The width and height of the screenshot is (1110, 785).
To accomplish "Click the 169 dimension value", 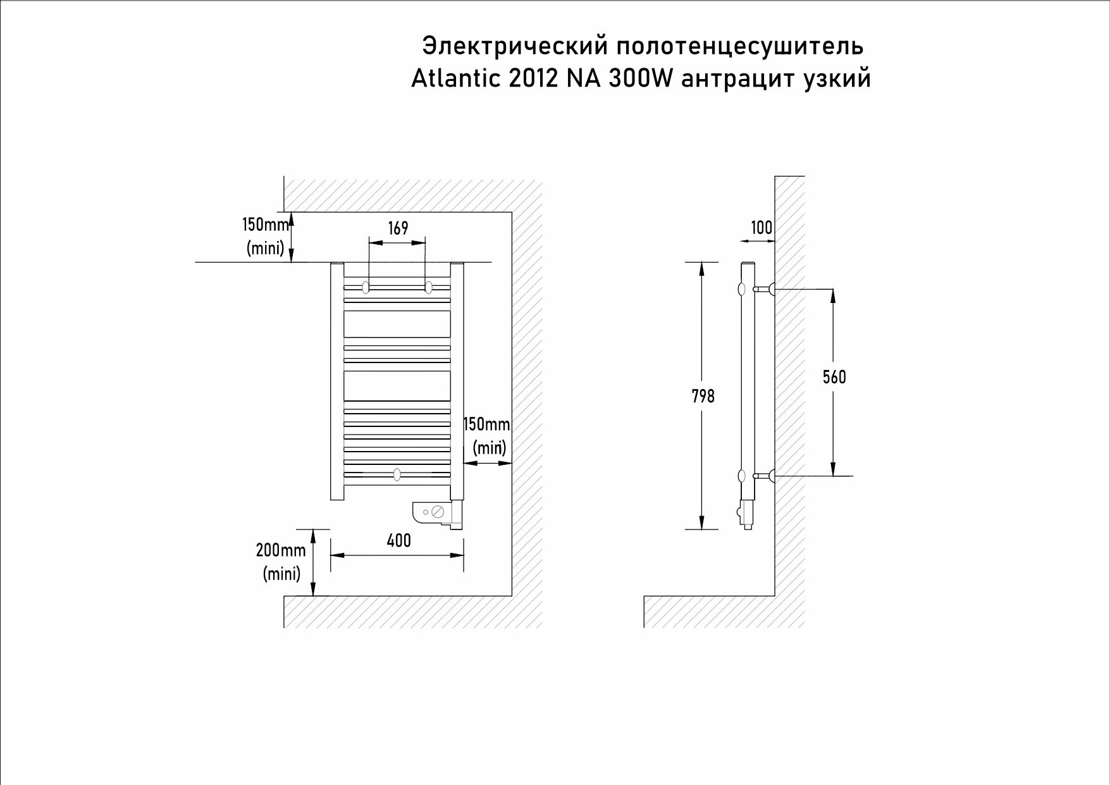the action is point(398,228).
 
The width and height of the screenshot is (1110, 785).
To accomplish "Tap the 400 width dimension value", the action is point(398,541).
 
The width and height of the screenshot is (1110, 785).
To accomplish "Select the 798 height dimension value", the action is point(703,396).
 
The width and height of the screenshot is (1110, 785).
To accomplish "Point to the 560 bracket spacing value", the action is point(834,377).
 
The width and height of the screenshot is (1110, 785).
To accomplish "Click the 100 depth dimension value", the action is point(762,228).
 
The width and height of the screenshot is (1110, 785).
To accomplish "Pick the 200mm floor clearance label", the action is point(281,550).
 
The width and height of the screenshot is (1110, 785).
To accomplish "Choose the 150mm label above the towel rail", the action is point(265,225).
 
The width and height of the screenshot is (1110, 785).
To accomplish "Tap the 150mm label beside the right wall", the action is point(486,424).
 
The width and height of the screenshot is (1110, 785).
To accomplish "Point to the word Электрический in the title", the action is point(515,46).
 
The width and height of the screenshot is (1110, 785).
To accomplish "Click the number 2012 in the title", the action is point(533,78).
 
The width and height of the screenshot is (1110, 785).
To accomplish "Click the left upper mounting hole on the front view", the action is point(366,287).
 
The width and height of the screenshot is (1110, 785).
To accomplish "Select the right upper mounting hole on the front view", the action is point(428,287).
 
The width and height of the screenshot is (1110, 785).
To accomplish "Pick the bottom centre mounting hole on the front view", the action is point(397,474).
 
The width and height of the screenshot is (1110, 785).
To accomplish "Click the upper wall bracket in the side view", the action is point(765,290).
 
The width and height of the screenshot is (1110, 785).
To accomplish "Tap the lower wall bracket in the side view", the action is point(765,476).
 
